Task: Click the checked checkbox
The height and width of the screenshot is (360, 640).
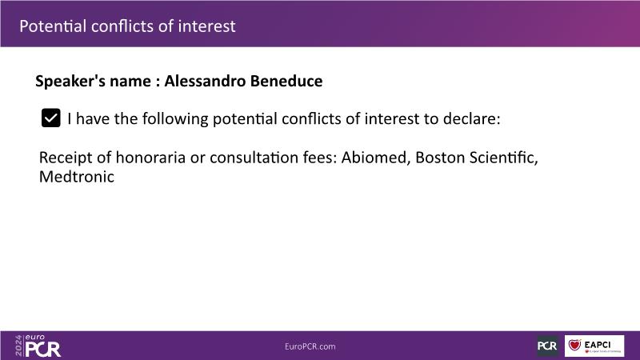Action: pos(51,118)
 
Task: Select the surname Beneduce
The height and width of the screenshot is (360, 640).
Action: pos(286,81)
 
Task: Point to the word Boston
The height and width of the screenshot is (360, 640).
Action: pos(439,158)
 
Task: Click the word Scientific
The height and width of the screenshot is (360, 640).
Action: pos(503,158)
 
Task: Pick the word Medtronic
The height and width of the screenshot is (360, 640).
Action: pos(77,177)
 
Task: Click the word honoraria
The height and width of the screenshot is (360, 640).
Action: pos(150,158)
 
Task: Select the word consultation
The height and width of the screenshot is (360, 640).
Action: pos(254,158)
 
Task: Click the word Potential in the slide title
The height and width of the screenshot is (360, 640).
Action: pos(53,26)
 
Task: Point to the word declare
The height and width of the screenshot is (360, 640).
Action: pos(471,118)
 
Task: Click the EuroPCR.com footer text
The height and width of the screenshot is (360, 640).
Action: pos(310,346)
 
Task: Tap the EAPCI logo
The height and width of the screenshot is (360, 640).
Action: pos(594,346)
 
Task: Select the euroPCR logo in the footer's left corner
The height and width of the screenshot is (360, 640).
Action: pos(38,346)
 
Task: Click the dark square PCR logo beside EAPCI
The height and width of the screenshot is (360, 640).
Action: pos(547,346)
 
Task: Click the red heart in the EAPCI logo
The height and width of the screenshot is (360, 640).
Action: pos(574,345)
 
